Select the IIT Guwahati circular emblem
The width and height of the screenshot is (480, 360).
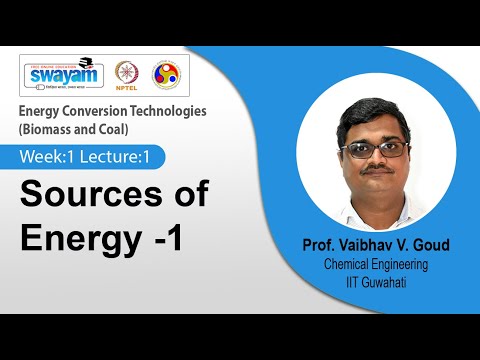(x=165, y=75)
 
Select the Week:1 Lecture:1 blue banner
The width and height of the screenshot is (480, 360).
(x=90, y=157)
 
